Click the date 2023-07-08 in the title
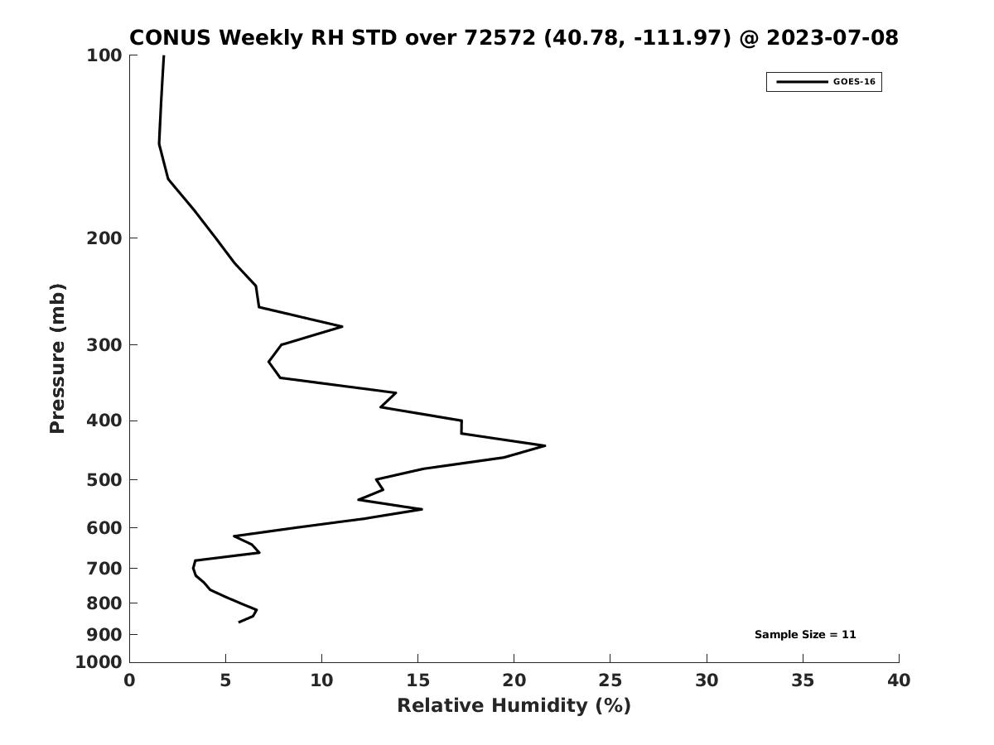832,37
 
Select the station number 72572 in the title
500,37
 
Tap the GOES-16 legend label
854,82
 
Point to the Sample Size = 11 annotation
805,635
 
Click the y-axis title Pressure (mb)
57,358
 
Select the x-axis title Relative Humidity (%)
514,706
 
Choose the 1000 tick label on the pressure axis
99,662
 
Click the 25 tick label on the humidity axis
610,680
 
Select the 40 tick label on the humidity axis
899,680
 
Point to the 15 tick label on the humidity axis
417,680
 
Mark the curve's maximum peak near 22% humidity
545,446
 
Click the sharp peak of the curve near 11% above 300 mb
342,327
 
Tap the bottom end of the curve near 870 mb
239,622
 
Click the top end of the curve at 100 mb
164,55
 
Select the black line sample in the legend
802,82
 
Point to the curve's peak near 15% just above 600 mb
422,509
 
